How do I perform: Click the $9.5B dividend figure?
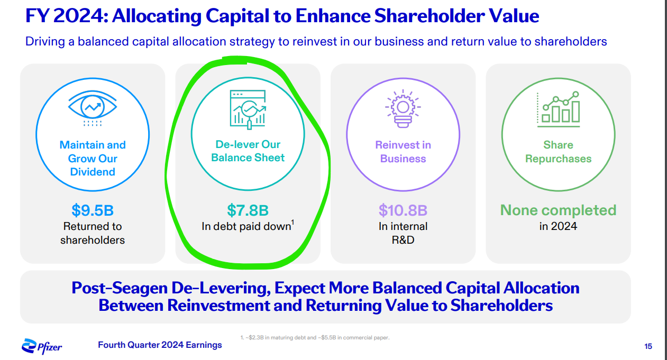93,210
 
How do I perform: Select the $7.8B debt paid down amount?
248,210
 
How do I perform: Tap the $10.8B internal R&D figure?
403,210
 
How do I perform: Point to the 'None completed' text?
559,210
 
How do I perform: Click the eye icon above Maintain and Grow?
93,108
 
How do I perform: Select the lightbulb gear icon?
403,108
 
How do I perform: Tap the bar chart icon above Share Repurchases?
559,109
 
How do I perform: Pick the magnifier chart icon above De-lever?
248,109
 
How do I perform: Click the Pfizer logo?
42,346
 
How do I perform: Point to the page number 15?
648,346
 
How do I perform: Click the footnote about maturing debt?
315,338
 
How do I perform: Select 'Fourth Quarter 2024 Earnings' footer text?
160,345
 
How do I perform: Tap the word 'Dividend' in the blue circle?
93,172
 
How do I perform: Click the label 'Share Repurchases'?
559,152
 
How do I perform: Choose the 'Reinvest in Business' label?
403,152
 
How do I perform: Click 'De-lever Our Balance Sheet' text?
248,151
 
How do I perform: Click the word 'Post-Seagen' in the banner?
120,288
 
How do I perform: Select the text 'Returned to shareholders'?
93,233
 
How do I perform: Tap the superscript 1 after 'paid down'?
293,223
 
